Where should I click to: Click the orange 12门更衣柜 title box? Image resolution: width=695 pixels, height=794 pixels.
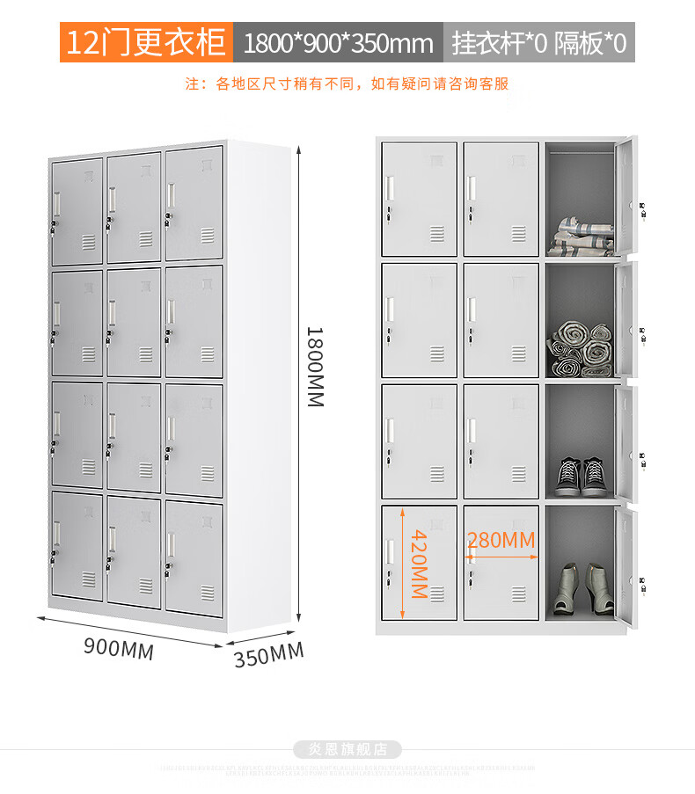click(146, 42)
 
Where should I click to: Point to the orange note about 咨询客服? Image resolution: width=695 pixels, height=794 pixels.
click(347, 84)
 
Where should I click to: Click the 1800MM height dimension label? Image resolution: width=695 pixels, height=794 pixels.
click(315, 367)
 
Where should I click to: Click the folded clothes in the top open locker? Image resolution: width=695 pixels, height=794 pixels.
click(581, 238)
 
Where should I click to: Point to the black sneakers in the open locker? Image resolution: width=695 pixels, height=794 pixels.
click(581, 476)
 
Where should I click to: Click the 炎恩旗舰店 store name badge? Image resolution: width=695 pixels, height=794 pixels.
click(347, 750)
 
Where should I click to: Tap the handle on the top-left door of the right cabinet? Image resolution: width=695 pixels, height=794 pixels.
click(389, 187)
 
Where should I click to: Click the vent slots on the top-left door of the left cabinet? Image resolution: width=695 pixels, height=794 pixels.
click(89, 242)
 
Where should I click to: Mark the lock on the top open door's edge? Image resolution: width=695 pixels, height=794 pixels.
click(642, 208)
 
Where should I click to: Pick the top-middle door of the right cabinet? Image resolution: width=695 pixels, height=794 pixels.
click(501, 199)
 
